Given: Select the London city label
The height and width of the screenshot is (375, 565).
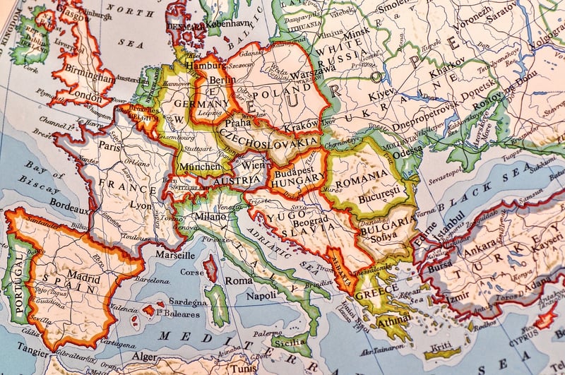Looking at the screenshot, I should point(88,97).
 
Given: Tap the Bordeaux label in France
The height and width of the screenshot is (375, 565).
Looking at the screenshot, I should point(69,210).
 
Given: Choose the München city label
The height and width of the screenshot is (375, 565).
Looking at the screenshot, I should point(199,167).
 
